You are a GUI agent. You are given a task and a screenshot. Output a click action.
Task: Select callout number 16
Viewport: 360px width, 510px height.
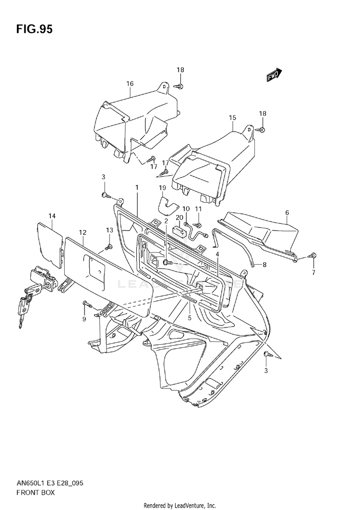130,84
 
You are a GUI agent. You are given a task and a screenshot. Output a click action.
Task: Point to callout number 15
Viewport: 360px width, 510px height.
232,118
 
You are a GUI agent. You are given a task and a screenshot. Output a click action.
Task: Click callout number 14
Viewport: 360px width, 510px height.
52,217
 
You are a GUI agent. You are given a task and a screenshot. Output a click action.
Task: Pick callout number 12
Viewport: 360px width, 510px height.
83,232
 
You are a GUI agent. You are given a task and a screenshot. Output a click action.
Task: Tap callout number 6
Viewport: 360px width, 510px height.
287,212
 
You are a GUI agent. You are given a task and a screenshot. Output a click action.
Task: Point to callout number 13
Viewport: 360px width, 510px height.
109,231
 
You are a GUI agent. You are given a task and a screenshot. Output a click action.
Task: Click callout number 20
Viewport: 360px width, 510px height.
180,218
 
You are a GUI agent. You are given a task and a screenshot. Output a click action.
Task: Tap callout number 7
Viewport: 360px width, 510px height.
313,273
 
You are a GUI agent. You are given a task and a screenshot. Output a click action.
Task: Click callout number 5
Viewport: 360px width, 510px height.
190,317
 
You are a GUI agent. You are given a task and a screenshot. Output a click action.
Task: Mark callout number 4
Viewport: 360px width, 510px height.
217,254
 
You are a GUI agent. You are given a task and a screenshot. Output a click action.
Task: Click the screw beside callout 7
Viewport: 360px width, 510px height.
313,255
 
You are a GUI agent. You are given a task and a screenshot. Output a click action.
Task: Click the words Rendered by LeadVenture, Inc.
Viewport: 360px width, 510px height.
180,506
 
